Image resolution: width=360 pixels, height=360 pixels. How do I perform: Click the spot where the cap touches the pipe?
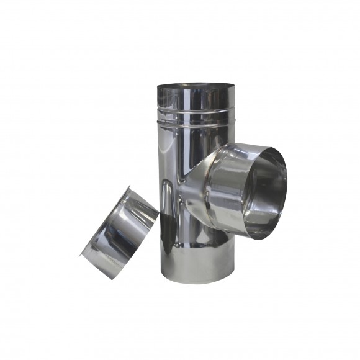click(x=158, y=214)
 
